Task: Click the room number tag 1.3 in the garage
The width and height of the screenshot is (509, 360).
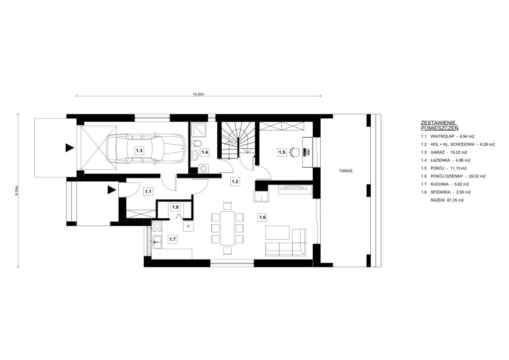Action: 139,151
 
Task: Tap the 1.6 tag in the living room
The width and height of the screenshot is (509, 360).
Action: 261,217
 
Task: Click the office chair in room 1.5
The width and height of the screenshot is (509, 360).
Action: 295,152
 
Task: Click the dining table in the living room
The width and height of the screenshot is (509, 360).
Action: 227,228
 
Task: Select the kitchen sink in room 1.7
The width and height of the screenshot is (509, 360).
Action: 157,242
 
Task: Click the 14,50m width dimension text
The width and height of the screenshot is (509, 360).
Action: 198,94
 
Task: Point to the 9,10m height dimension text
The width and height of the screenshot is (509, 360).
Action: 17,190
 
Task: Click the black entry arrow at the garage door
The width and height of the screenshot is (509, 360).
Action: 69,148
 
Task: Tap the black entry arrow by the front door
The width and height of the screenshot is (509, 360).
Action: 112,190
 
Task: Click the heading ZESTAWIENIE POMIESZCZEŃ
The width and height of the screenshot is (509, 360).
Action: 439,125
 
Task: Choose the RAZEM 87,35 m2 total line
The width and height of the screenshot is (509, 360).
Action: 447,200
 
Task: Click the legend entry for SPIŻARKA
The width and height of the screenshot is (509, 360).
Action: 446,192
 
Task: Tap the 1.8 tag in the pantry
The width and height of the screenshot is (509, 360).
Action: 175,207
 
